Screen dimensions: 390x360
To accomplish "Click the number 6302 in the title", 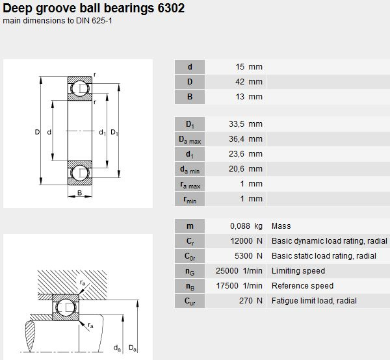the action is click(x=171, y=8).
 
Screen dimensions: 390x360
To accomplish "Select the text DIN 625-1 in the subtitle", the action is click(x=94, y=21).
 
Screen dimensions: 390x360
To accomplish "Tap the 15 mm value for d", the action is click(x=249, y=67).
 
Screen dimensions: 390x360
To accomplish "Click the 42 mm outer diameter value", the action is click(x=249, y=82).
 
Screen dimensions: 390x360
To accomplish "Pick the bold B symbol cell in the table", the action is click(x=190, y=97).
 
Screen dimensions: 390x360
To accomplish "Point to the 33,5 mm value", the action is click(x=246, y=124).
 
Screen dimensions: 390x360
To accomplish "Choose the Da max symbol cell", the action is click(x=190, y=139).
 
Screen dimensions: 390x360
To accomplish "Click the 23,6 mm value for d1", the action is click(x=246, y=154).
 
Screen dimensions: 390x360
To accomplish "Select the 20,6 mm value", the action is click(x=246, y=169).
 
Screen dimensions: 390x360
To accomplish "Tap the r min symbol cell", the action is click(x=190, y=199).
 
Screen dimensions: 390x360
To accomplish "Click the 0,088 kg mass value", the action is click(x=246, y=226).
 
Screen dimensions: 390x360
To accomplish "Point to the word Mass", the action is click(x=281, y=226).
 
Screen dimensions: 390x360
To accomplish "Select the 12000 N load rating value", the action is click(x=246, y=241).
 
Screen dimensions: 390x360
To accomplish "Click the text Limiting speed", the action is click(x=298, y=271).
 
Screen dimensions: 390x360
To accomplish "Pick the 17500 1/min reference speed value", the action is click(x=239, y=286).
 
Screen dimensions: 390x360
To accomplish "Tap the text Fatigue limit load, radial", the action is click(x=314, y=301).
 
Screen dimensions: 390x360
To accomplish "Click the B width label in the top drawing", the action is click(x=79, y=193).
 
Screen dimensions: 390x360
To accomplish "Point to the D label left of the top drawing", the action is click(x=37, y=132).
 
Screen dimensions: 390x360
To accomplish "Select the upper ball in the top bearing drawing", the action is click(x=79, y=88).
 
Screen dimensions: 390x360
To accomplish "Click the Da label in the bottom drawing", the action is click(x=133, y=348).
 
